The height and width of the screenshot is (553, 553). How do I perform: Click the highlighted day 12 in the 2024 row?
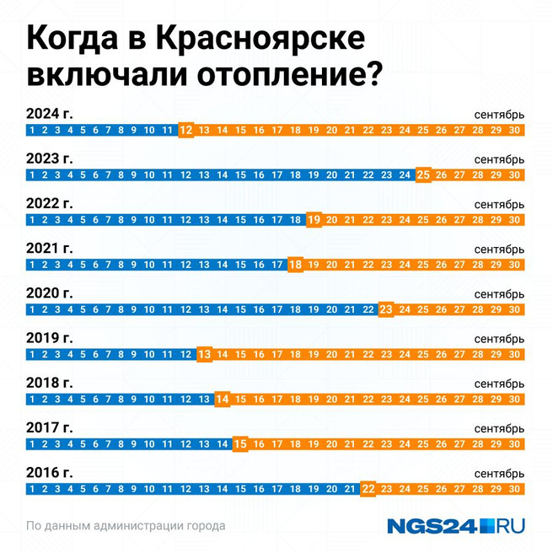tap(186, 131)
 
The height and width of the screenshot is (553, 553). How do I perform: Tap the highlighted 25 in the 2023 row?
tap(424, 175)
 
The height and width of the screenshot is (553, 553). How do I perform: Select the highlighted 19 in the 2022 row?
tap(314, 220)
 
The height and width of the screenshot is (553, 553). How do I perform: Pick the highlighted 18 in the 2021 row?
tap(295, 265)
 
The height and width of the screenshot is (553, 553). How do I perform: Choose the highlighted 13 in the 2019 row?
tap(204, 354)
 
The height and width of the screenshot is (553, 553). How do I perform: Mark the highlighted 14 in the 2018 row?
tap(223, 399)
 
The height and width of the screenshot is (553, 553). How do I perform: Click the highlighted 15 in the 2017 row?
tap(240, 443)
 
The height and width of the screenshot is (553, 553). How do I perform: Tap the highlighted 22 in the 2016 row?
tap(368, 489)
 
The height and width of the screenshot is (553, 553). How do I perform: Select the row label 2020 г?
tap(50, 293)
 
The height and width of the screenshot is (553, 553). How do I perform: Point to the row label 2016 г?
tap(50, 472)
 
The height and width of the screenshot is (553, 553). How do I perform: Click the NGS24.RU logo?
tap(456, 526)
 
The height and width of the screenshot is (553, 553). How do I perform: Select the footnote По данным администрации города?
tap(126, 526)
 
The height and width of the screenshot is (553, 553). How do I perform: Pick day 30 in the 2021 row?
tap(515, 265)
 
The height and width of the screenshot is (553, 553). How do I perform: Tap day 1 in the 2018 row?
tap(31, 399)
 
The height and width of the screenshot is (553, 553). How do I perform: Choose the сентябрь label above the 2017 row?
tap(499, 427)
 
